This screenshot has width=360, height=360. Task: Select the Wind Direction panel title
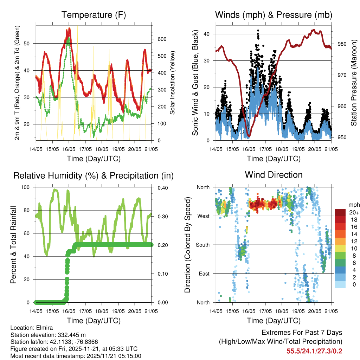coord(274,175)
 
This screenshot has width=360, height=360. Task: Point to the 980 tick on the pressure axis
coord(342,44)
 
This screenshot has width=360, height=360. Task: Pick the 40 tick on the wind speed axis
coord(208,34)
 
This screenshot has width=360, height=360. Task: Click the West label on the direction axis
coord(203,216)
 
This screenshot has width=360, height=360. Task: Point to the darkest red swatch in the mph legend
coord(340,212)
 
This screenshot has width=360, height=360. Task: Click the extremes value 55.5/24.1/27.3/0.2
coord(314,351)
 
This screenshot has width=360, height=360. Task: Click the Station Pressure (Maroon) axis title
coord(354,83)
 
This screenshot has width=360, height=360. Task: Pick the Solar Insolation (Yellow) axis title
coord(173,83)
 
